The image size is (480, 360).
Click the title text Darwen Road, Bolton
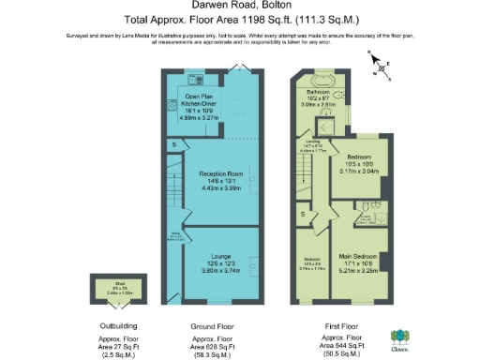coord(240,7)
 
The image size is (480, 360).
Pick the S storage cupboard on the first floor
coord(302,215)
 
